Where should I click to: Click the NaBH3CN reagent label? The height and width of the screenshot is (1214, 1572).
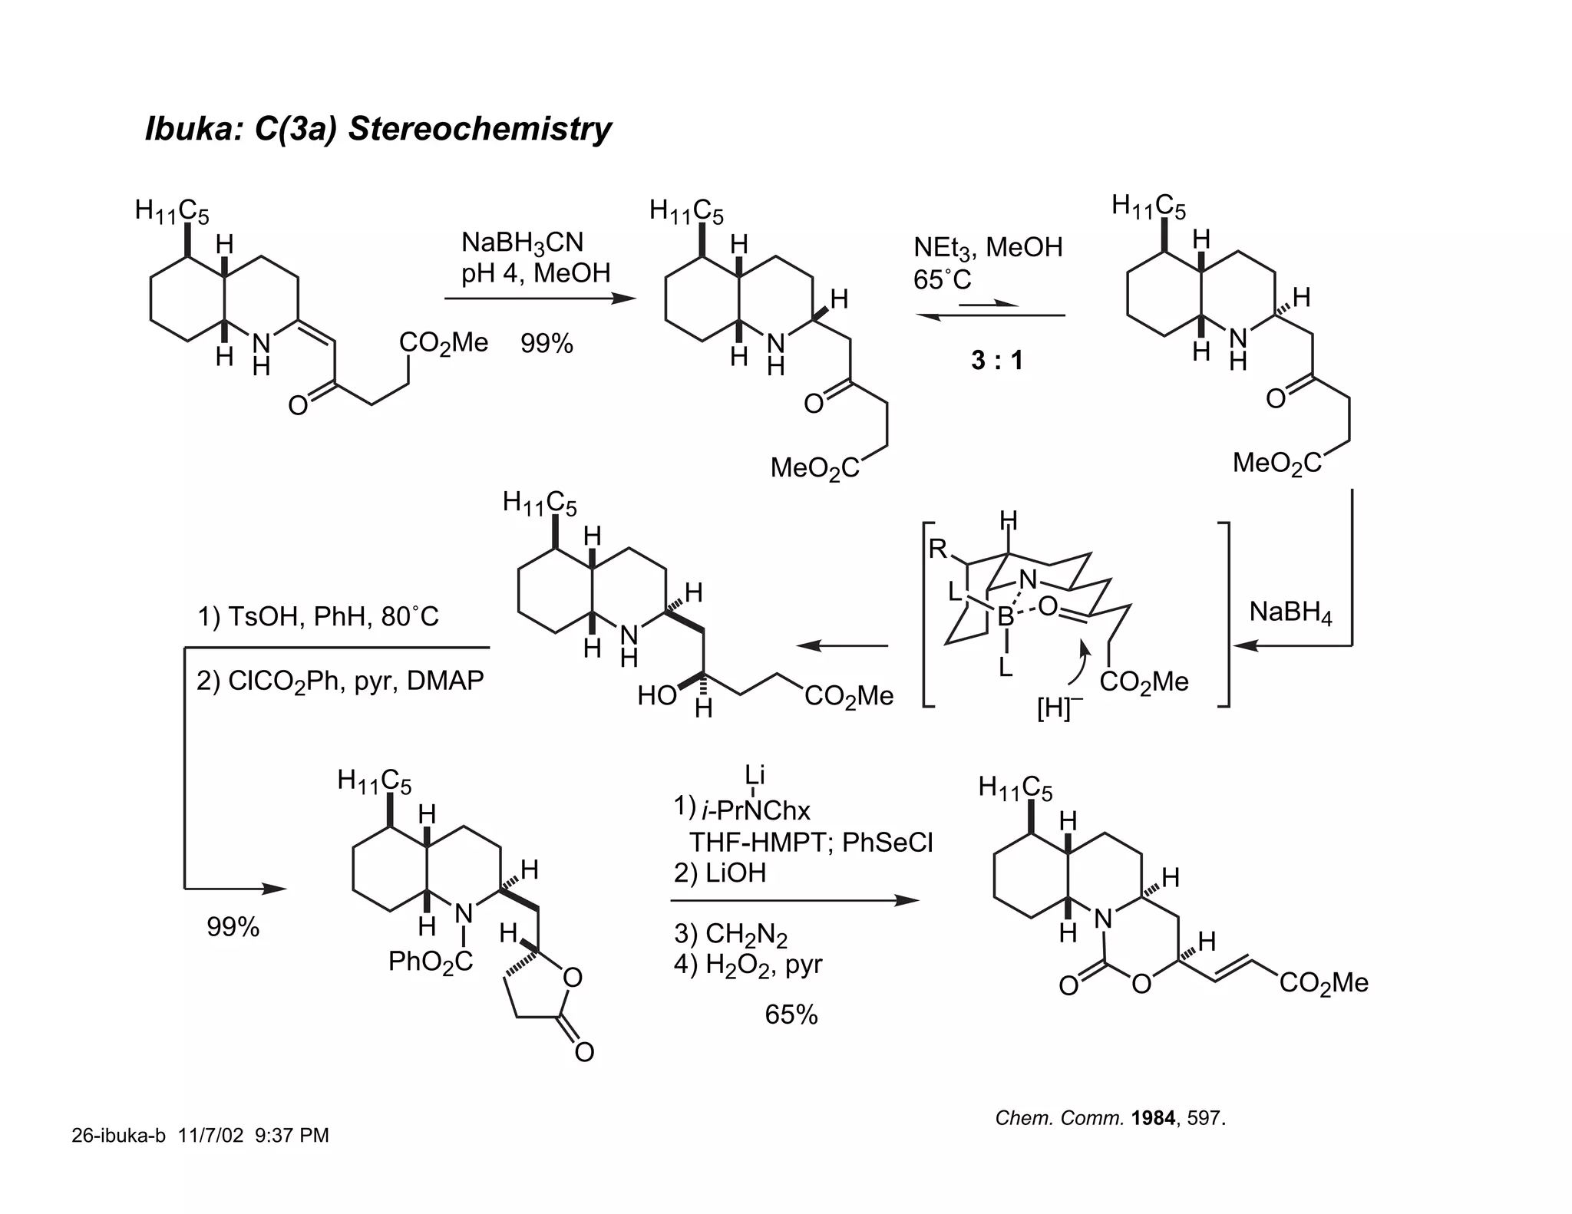522,243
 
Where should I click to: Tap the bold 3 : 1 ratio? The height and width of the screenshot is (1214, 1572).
996,360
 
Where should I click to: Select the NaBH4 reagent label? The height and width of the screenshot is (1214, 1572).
1290,612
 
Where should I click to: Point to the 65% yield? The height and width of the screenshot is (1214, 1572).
791,1014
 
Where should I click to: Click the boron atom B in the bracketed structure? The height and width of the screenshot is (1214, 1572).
1005,615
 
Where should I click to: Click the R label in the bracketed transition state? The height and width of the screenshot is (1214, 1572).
937,549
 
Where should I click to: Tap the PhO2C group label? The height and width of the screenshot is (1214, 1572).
430,962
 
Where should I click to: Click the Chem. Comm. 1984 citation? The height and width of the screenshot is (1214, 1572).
1110,1118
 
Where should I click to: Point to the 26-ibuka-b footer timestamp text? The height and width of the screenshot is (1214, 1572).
200,1135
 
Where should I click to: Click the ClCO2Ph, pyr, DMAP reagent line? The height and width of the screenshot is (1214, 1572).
340,681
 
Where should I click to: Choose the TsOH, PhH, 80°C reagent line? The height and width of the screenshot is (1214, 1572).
318,616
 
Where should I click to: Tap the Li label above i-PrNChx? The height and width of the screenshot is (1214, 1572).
755,775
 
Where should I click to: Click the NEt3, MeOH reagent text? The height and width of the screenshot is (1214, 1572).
987,247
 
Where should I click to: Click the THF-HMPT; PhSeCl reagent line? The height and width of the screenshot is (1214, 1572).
811,843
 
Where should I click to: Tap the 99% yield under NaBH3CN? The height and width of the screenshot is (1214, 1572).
547,344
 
